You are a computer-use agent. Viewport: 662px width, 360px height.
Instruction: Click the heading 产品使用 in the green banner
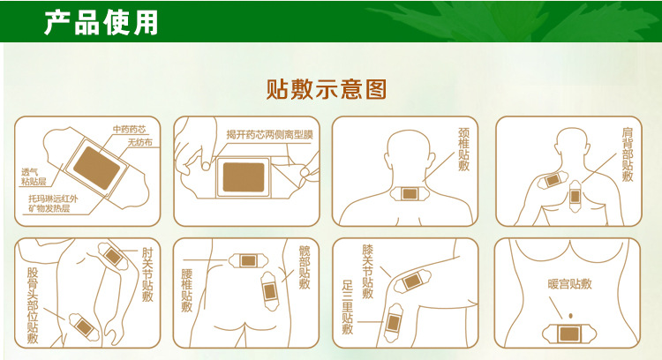pyautogui.click(x=102, y=22)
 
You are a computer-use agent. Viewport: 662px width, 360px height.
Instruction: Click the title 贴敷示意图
pyautogui.click(x=327, y=89)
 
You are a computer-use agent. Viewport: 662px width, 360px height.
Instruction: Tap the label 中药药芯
pyautogui.click(x=129, y=130)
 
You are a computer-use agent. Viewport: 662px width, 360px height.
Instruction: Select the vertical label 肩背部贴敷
pyautogui.click(x=627, y=155)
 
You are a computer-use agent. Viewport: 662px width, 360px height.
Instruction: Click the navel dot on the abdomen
pyautogui.click(x=568, y=316)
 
